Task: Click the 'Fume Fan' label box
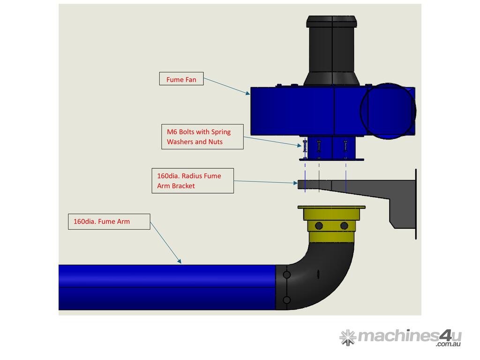[181, 79]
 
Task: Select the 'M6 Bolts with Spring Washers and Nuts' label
[202, 137]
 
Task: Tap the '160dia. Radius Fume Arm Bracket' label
[192, 181]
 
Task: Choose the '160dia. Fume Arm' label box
[109, 222]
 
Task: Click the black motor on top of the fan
[332, 52]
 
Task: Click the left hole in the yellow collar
[319, 226]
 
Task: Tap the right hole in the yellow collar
[344, 226]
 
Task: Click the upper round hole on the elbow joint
[287, 275]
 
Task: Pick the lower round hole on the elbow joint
[287, 300]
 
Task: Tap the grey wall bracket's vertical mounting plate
[415, 204]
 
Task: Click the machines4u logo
[400, 337]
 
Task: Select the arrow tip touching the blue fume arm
[180, 263]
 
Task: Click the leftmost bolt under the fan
[305, 149]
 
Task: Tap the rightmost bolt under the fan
[345, 149]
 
